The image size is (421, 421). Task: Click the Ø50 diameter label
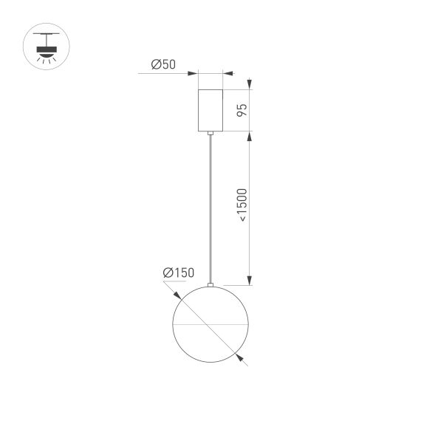point(163,64)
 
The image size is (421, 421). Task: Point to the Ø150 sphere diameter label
point(178,273)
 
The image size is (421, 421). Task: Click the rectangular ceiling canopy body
point(211,110)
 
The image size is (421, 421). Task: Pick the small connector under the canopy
point(211,134)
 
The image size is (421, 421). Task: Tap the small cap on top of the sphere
point(211,285)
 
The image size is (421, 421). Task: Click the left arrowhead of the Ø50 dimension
point(194,73)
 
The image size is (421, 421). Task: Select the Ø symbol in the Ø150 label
point(168,273)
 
